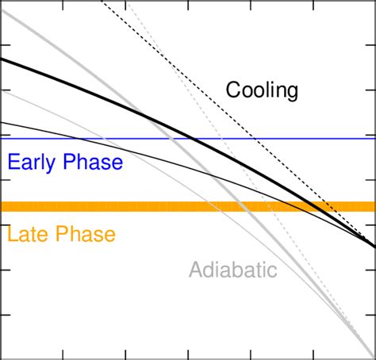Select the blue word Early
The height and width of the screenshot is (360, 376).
[30, 163]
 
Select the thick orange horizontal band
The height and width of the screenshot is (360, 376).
[119, 207]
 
